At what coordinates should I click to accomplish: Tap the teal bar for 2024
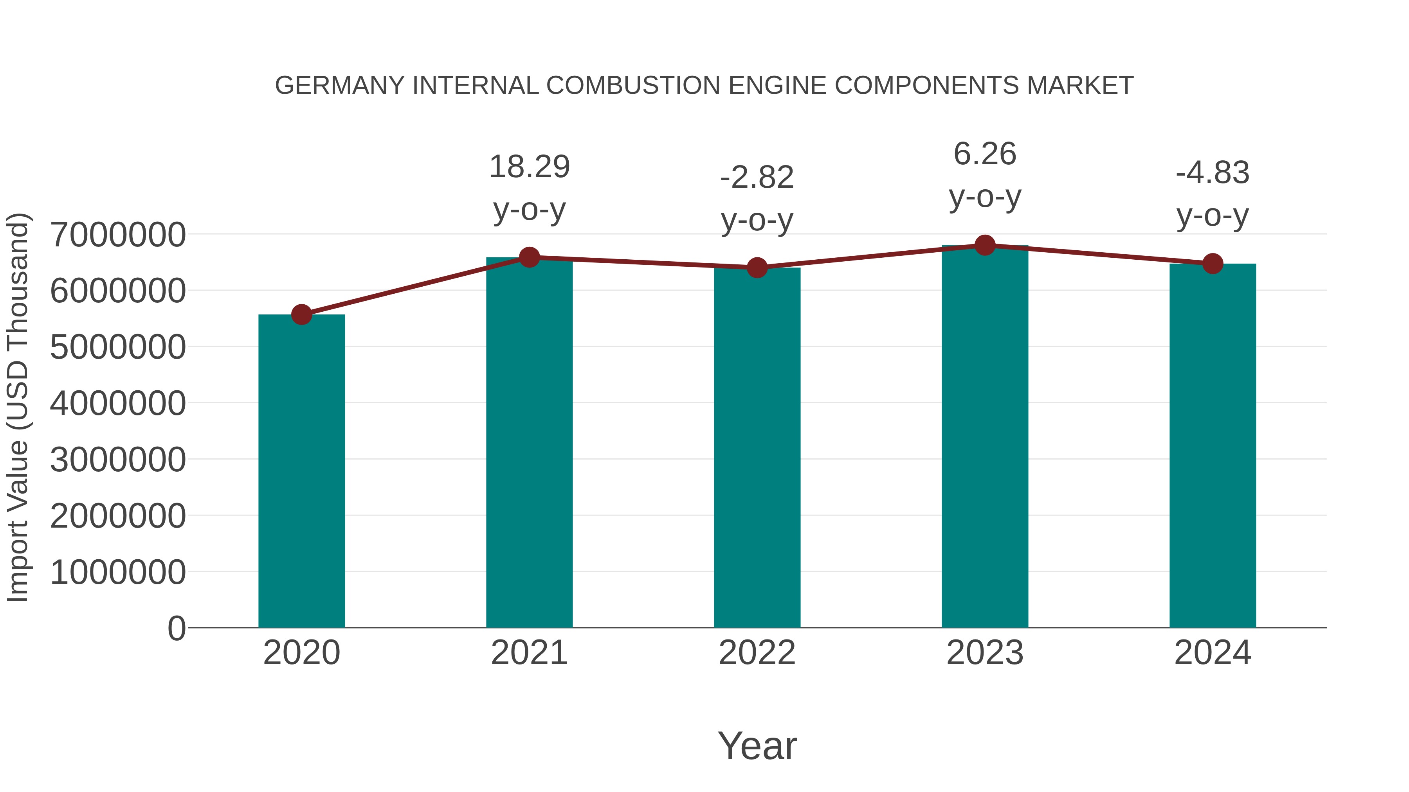click(x=1213, y=445)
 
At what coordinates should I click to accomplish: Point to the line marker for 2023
click(x=985, y=245)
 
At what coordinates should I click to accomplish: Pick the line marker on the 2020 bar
click(x=301, y=314)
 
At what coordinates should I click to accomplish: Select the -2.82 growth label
click(x=757, y=178)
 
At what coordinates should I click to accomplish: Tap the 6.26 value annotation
click(x=985, y=154)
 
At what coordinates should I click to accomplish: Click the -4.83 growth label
click(x=1213, y=173)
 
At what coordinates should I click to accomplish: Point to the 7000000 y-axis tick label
click(x=117, y=235)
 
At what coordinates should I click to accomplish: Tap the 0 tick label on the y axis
click(x=176, y=628)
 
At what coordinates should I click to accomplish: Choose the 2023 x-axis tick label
click(x=985, y=653)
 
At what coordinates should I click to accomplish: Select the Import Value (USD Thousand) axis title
click(x=18, y=407)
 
